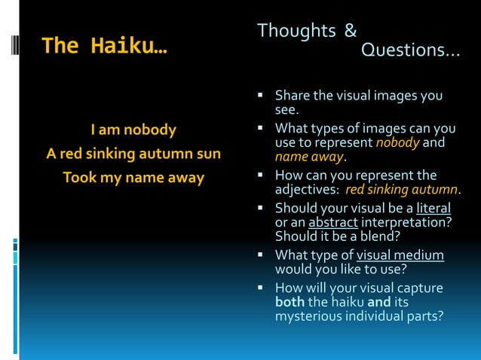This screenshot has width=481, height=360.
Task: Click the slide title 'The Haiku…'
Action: tap(105, 46)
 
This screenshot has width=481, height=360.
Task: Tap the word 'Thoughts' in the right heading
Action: tap(296, 31)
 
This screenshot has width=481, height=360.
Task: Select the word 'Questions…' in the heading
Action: tap(410, 50)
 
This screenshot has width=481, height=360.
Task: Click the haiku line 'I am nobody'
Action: tap(133, 130)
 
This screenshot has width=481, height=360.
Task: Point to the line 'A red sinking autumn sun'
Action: tap(133, 154)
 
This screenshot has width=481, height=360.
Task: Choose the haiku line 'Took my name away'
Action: tap(133, 178)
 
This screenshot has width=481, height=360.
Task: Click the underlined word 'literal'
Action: tap(434, 207)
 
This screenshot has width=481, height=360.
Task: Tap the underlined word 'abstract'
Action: tap(332, 221)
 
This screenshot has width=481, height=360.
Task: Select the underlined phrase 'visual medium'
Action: tap(400, 255)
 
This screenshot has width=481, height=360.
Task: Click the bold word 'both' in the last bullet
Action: tap(290, 302)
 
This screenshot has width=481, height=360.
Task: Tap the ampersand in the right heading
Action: tap(351, 31)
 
